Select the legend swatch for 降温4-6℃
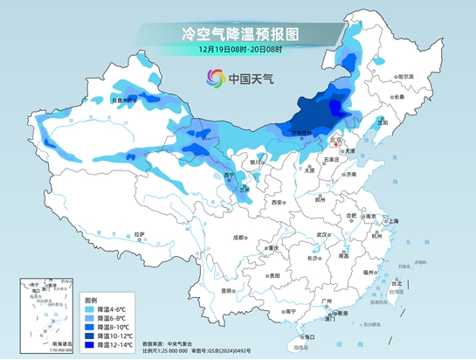click(x=90, y=308)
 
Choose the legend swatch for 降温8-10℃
click(x=90, y=327)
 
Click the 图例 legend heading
click(x=93, y=297)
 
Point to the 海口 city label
click(x=307, y=336)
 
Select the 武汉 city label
click(x=321, y=234)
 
